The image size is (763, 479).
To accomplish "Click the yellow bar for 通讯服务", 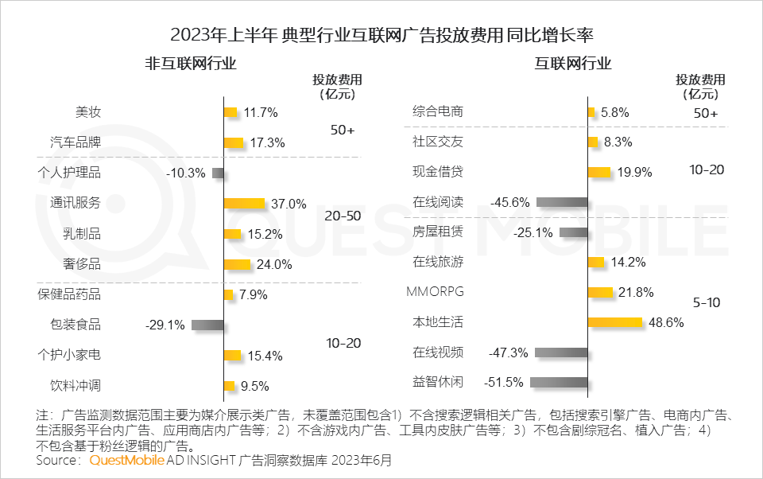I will pos(244,204).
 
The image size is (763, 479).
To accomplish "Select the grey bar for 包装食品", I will pos(207,325).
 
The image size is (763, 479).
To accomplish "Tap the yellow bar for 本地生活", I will pos(614,322).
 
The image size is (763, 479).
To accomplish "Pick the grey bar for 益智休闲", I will pos(559,382).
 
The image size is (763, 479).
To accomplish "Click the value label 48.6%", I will pos(665,322).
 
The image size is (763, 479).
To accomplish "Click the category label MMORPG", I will pos(435,291).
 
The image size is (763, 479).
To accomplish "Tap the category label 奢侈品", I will pos(82,264).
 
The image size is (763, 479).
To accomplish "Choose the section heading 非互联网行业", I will pos(191,64).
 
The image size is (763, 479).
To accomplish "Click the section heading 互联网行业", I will pos(572,64).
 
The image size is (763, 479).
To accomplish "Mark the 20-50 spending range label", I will pos(343,216).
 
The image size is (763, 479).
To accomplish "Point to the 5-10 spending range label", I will pos(706,303).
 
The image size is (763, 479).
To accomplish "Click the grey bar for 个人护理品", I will pos(218,173).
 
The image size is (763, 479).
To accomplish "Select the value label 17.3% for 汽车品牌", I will pos(266,143).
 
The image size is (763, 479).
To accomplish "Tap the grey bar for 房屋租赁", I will pos(573,232).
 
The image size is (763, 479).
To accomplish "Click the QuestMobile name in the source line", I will pos(126,461).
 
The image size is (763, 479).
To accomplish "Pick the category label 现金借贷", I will pos(438,172).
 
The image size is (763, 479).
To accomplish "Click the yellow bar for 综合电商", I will pos(591,113).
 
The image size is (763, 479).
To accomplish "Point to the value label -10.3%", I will pos(186,173).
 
